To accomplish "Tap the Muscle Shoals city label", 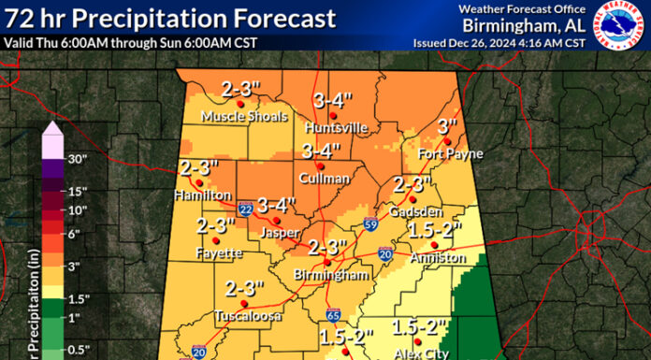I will [x=239, y=118].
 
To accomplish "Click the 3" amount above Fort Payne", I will [x=448, y=126].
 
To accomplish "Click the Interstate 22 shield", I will [x=244, y=209].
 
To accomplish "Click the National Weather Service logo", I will [x=618, y=26].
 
